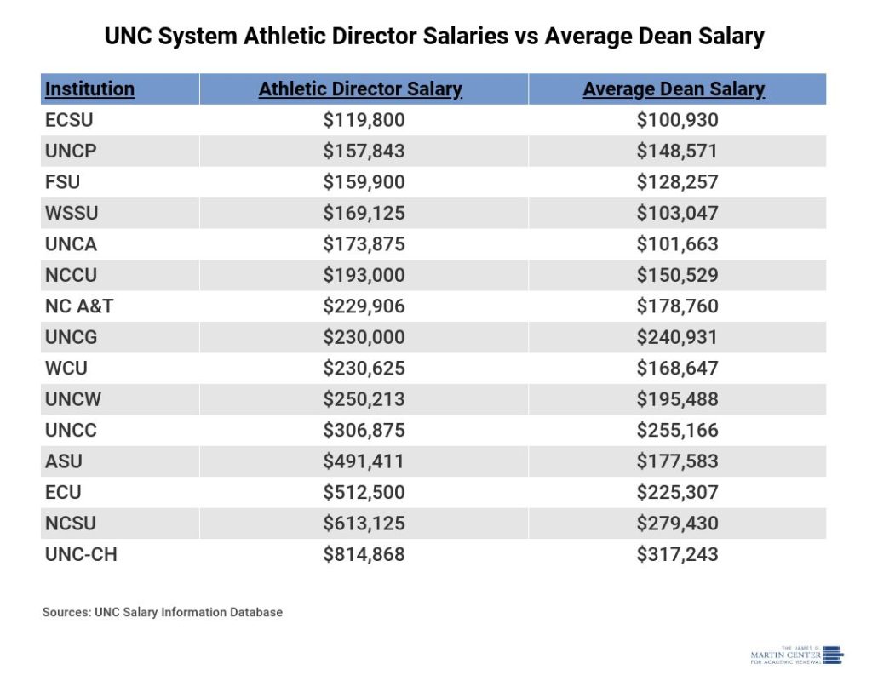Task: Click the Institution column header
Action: coord(89,89)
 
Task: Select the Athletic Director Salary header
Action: coord(360,89)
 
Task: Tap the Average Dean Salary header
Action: coord(674,89)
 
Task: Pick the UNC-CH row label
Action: coord(81,555)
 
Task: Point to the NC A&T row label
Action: coord(79,306)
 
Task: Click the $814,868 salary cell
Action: coord(364,555)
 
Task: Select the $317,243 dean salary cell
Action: coord(677,555)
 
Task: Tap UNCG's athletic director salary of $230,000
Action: coord(364,337)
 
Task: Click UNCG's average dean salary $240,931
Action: coord(677,337)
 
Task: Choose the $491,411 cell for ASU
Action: coord(364,461)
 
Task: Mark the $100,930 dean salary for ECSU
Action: coord(677,121)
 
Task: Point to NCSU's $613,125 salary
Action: coord(364,524)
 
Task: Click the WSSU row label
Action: coord(71,213)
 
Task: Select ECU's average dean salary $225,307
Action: coord(677,493)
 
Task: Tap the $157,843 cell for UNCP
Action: coord(364,152)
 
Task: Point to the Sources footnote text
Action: coord(162,612)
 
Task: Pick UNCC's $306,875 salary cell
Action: coord(364,431)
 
